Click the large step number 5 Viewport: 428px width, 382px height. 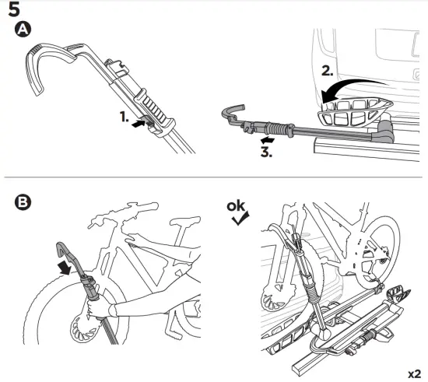[x=14, y=9]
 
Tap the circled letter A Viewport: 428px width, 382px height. [x=23, y=30]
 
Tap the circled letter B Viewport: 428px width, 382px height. [x=23, y=202]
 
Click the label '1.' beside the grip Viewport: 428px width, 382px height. [x=125, y=117]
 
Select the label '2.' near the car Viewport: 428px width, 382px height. [x=328, y=71]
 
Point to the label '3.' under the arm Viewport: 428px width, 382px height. [x=266, y=152]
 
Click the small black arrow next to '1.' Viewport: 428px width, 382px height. [x=139, y=123]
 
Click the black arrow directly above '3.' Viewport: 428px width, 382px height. [x=268, y=140]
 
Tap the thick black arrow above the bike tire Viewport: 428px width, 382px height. [x=65, y=268]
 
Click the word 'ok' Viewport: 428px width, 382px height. [x=236, y=206]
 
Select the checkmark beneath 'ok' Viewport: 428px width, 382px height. [x=240, y=219]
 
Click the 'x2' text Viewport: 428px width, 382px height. [x=414, y=373]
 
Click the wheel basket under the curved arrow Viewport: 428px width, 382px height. [x=355, y=112]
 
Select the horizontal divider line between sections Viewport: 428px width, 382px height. [x=213, y=177]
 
